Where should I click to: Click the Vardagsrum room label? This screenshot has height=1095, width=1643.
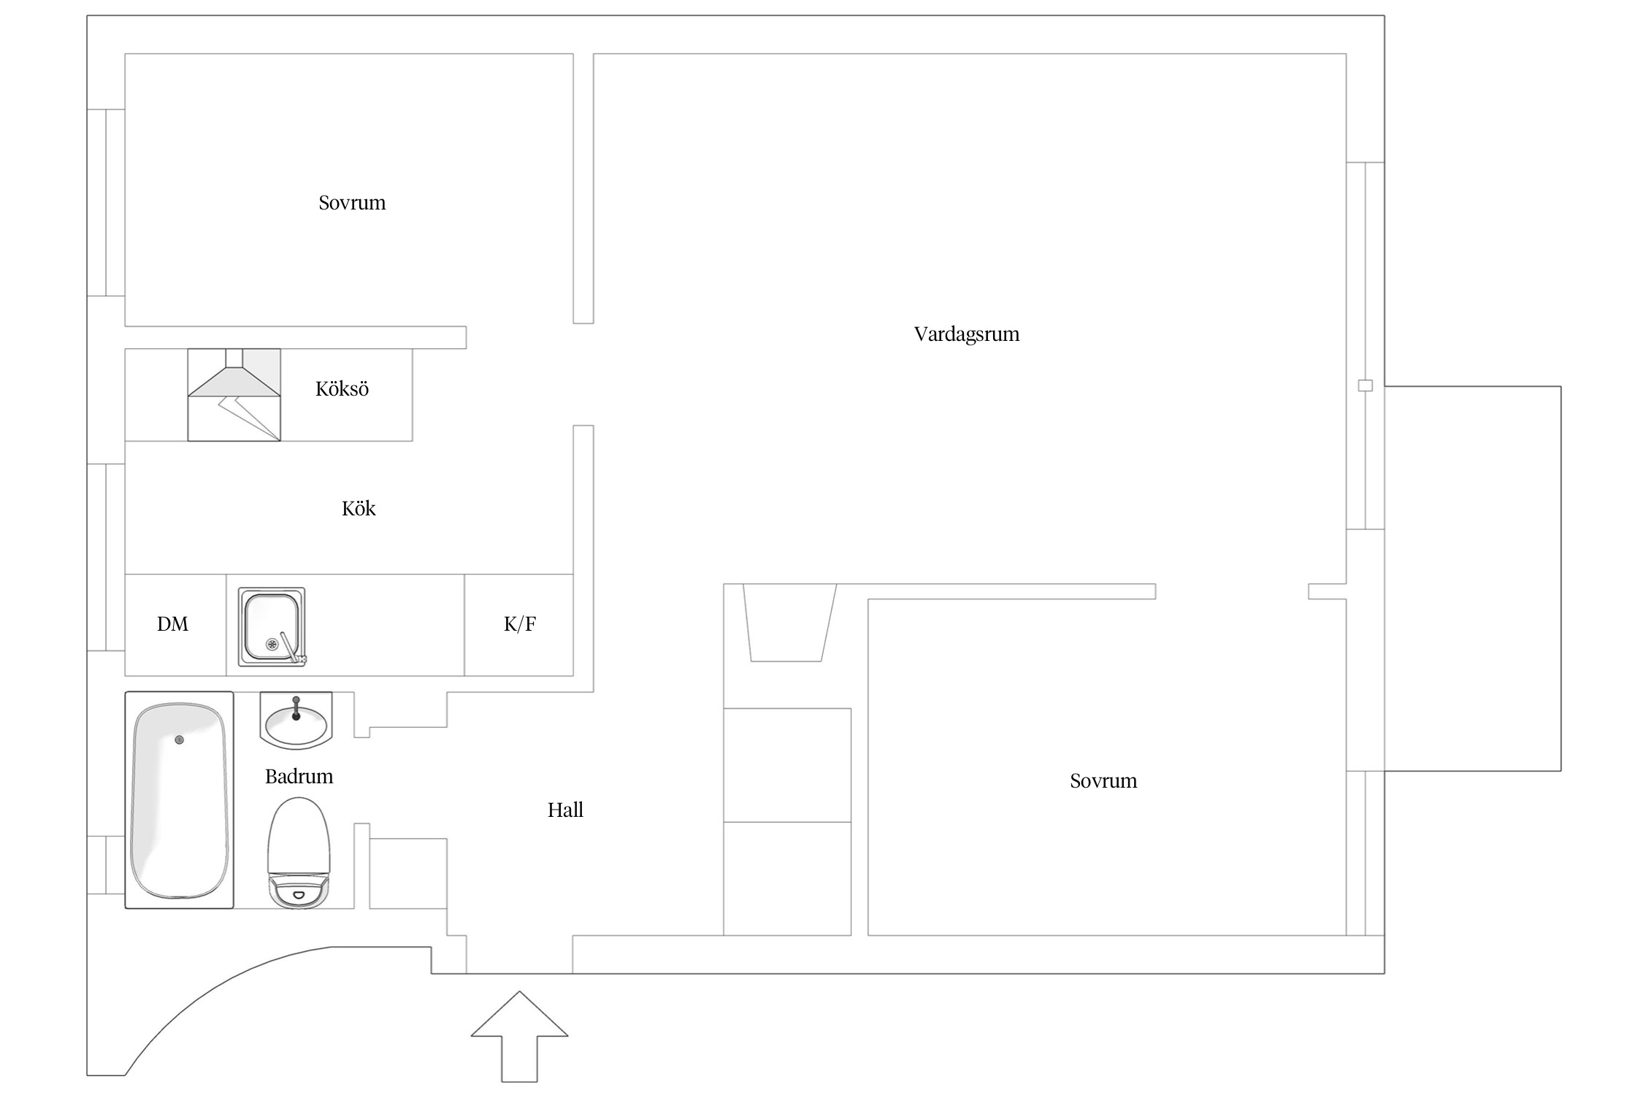(x=966, y=334)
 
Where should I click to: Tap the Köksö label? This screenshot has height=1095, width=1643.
(x=342, y=389)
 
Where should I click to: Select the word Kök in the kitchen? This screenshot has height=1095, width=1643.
(x=358, y=509)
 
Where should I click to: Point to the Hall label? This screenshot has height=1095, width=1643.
(x=565, y=810)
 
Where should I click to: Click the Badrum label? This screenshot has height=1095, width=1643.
(x=299, y=777)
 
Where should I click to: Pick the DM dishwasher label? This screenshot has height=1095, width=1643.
(x=172, y=624)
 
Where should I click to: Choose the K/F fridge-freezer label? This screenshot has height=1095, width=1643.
(x=519, y=624)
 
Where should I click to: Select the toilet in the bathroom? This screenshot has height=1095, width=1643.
(x=298, y=850)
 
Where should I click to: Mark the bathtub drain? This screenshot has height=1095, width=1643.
(x=180, y=740)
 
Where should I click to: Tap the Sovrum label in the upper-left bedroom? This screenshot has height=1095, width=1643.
(x=352, y=203)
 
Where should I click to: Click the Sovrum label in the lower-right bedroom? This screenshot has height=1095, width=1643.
(x=1103, y=781)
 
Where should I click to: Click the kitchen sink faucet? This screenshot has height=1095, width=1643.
(x=291, y=648)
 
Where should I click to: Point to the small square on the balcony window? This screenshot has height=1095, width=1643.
(x=1365, y=385)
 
